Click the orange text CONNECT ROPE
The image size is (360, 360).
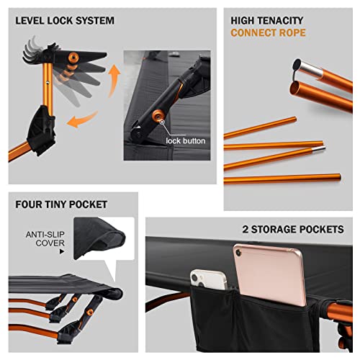point(267,33)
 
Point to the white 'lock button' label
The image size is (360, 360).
point(184,141)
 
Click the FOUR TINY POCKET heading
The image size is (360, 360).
point(61,205)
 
